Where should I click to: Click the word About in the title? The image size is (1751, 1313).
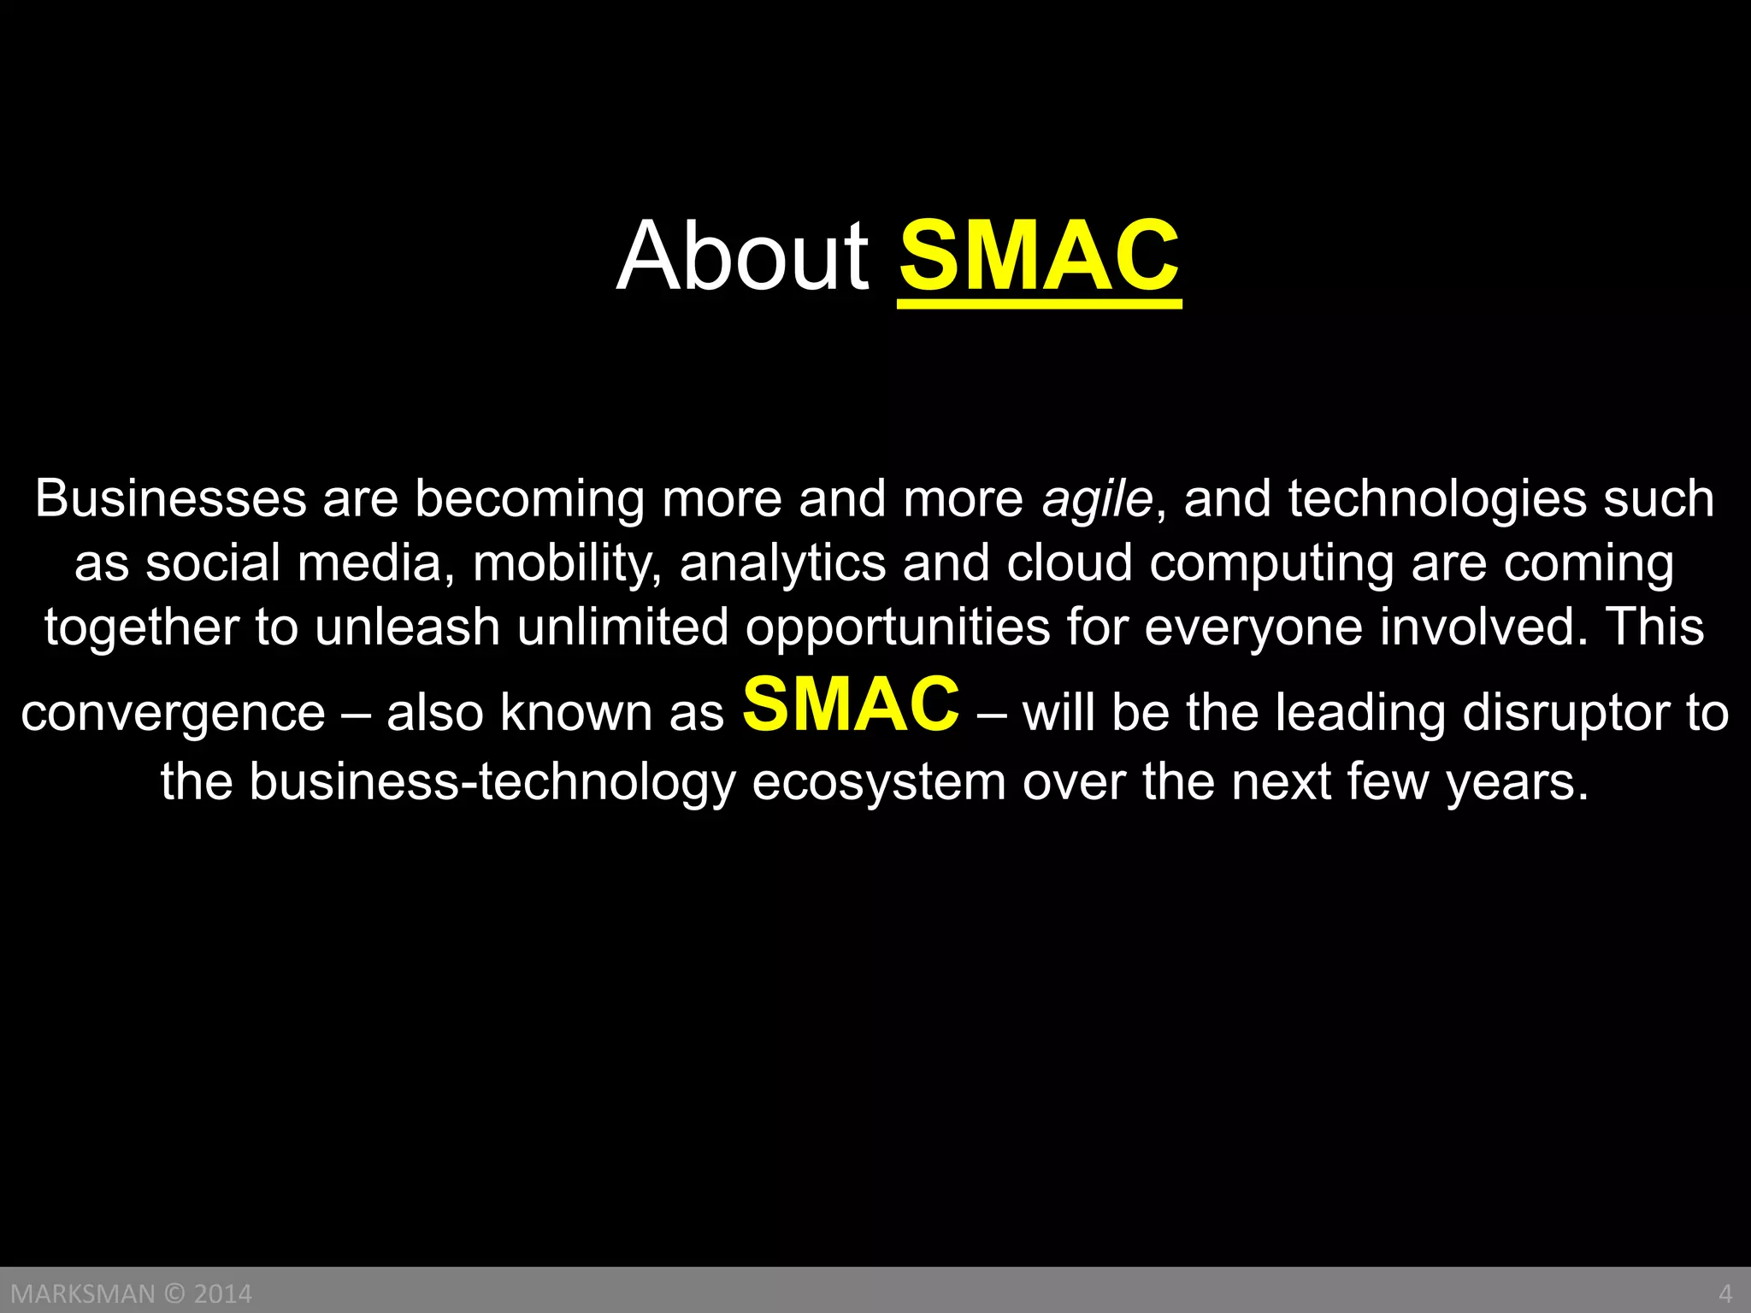coord(742,256)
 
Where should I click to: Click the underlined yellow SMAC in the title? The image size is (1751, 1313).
coord(1039,256)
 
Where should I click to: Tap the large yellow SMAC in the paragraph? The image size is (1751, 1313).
coord(851,704)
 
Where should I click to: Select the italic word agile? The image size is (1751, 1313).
coord(1097,499)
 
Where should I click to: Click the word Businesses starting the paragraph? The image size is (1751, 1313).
coord(170,499)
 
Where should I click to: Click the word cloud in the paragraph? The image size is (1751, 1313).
coord(1069,564)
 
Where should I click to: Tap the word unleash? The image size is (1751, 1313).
coord(407,627)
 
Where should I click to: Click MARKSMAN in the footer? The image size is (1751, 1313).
coord(83,1293)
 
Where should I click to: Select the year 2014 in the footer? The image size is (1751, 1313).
coord(223,1293)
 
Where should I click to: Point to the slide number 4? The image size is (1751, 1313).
coord(1725,1293)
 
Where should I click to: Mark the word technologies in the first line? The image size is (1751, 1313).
coord(1436,499)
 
